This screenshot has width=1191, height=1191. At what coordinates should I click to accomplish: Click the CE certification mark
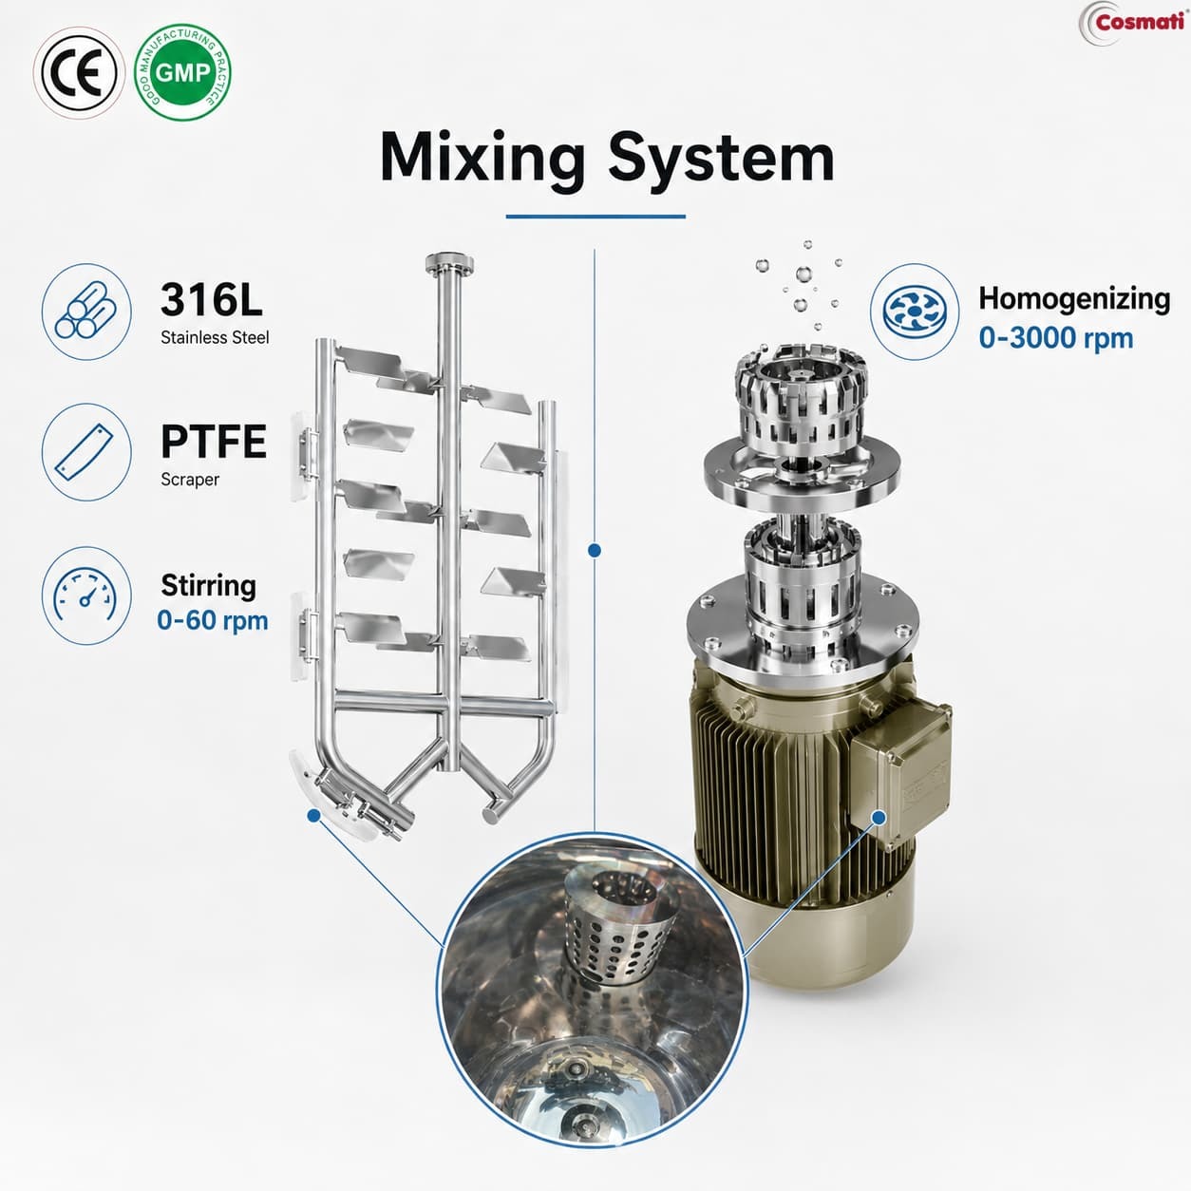[79, 73]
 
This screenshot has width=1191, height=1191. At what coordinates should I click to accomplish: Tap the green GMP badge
[183, 73]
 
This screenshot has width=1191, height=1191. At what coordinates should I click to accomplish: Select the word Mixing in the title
[482, 159]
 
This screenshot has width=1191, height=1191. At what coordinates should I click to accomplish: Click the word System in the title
[721, 159]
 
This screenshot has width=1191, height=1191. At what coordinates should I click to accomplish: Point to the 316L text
[212, 300]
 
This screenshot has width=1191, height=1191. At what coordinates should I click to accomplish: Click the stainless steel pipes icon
[86, 312]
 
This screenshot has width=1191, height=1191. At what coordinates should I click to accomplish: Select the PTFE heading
[214, 441]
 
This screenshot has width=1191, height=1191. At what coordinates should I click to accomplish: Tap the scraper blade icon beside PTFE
[86, 452]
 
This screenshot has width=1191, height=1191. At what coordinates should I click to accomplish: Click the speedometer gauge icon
[86, 595]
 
